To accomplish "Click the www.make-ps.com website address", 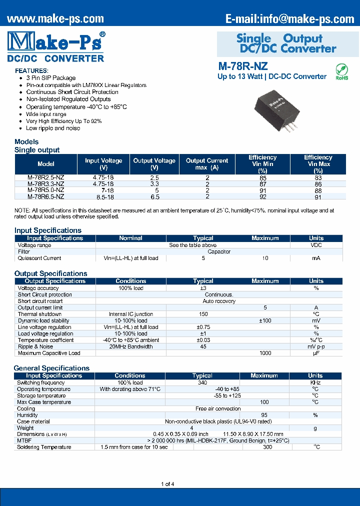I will point(55,18).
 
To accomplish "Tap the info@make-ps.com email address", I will point(289,18).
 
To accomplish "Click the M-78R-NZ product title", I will point(243,66).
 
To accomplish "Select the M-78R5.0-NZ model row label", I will point(46,190).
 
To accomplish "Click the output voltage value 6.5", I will point(154,196).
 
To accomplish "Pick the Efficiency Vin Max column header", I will point(318,163).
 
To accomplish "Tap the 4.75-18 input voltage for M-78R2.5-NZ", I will point(103,177).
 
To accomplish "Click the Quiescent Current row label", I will point(39,258).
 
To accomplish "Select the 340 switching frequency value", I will point(203,382).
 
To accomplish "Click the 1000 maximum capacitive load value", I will point(265,353).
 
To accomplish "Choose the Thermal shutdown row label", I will point(36,314).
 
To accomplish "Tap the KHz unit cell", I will point(315,382).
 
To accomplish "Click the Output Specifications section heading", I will point(51,273).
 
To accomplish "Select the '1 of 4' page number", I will point(167,484).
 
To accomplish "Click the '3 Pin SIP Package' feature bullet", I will point(51,78).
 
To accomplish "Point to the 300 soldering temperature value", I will point(267,447).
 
